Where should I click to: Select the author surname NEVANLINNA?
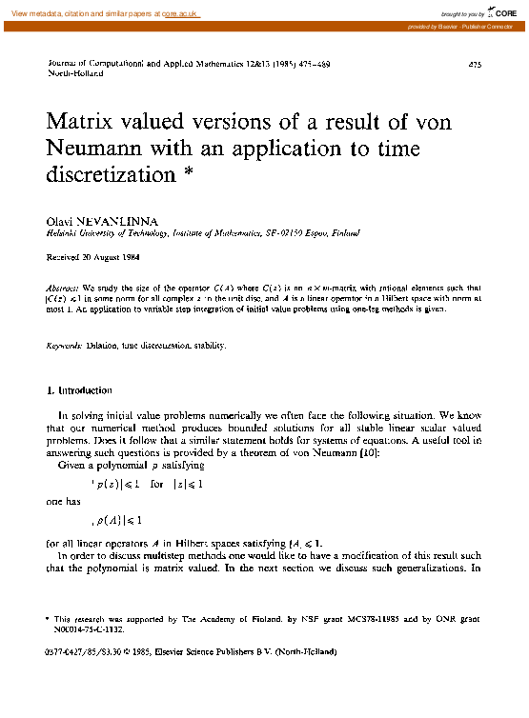(x=113, y=220)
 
